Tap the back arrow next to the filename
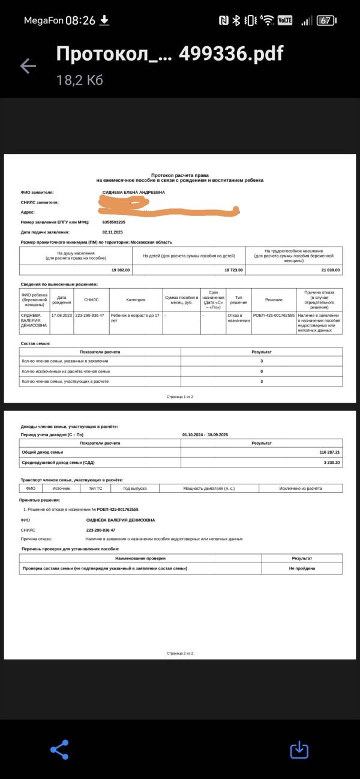point(28,66)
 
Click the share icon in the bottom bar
point(59,750)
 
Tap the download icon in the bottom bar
point(299,750)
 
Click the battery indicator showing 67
point(326,20)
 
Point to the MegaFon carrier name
point(43,20)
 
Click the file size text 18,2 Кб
point(80,80)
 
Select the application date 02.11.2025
point(113,232)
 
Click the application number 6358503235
point(114,222)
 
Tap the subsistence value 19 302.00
point(120,270)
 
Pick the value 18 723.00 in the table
point(233,270)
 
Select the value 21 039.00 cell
point(330,270)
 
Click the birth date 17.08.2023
point(61,315)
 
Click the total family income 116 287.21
point(329,451)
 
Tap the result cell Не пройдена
point(302,568)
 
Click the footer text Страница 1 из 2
point(180,397)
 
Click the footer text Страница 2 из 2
point(180,653)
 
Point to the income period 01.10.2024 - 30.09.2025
point(205,435)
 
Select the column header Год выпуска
point(134,489)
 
